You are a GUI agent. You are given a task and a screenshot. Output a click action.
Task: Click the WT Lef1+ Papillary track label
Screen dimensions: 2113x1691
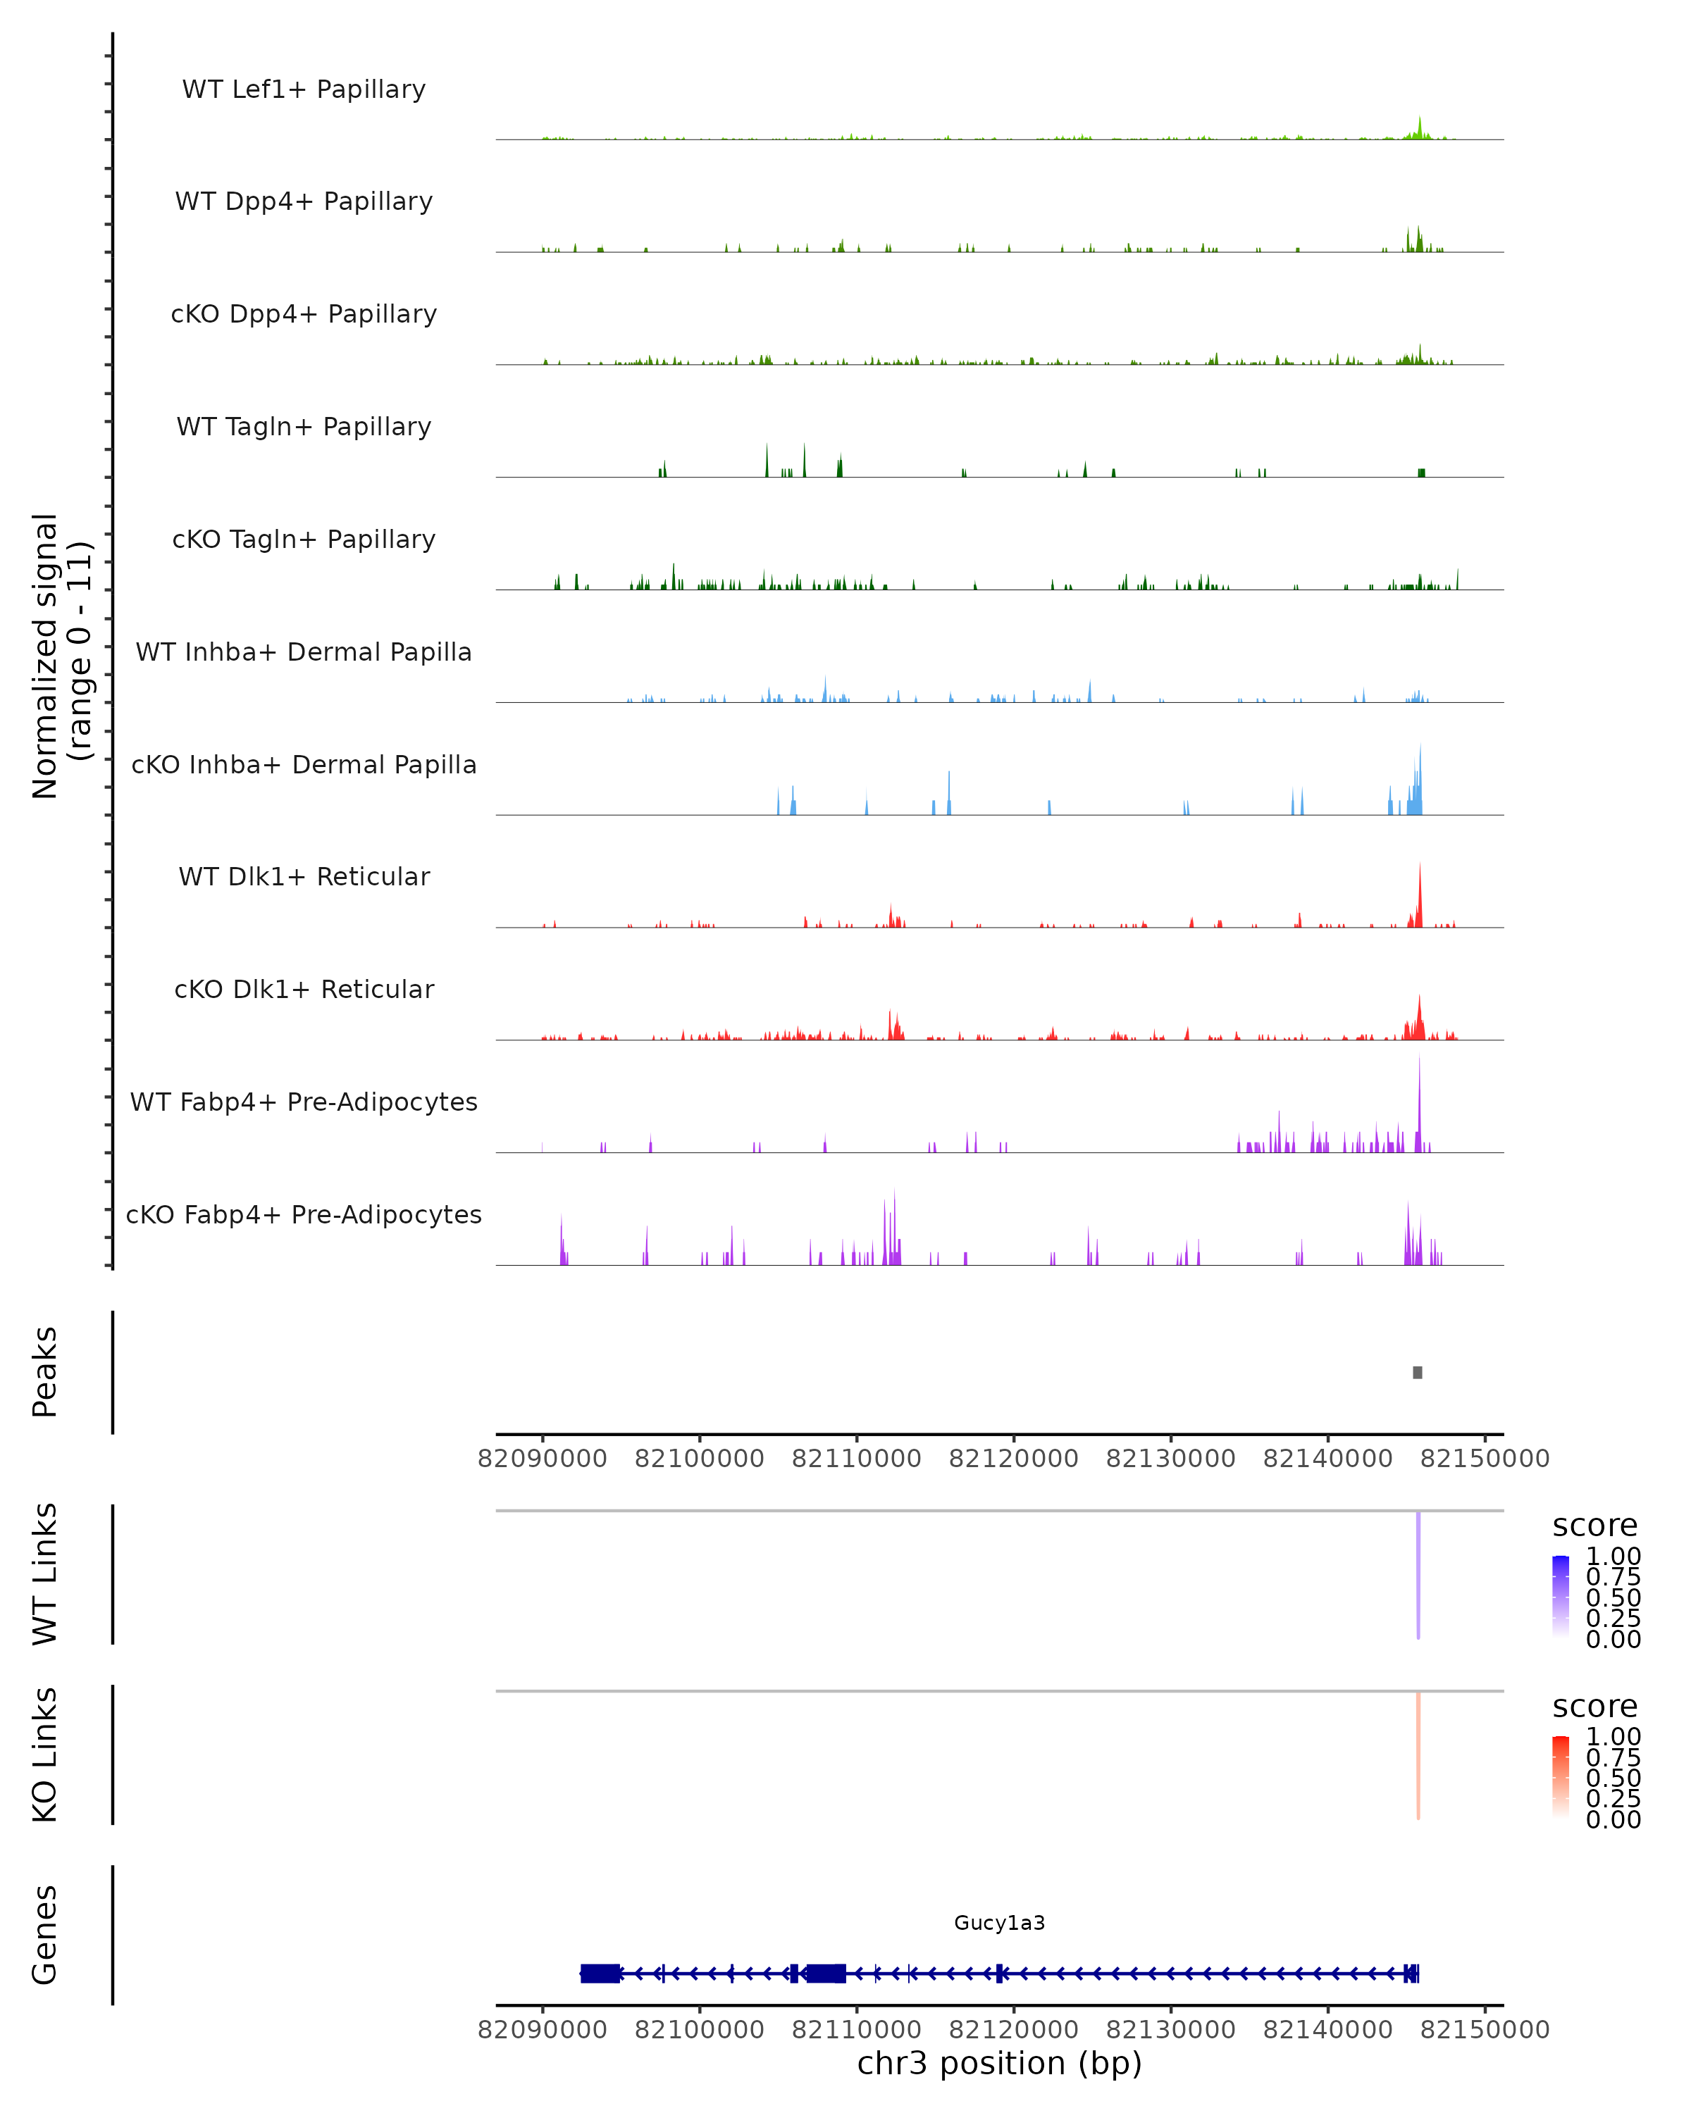tap(304, 89)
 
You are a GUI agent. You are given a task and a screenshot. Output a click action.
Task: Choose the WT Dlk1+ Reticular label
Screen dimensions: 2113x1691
tap(304, 876)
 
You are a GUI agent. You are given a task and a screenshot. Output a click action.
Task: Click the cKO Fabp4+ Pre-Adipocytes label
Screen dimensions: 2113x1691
tap(304, 1214)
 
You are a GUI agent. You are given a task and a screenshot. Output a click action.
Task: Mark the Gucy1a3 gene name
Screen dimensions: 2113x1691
tap(999, 1923)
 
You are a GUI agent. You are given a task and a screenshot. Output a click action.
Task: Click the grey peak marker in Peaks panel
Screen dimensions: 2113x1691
tap(1418, 1372)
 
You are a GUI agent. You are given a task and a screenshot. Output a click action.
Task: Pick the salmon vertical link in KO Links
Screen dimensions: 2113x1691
tap(1418, 1754)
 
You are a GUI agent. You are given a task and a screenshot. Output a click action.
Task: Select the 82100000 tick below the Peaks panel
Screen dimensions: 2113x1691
tap(699, 1459)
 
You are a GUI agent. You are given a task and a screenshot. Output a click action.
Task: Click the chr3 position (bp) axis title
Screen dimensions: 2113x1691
tap(999, 2064)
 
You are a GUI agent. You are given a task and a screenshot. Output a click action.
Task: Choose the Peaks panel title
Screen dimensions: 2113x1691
tap(45, 1372)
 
